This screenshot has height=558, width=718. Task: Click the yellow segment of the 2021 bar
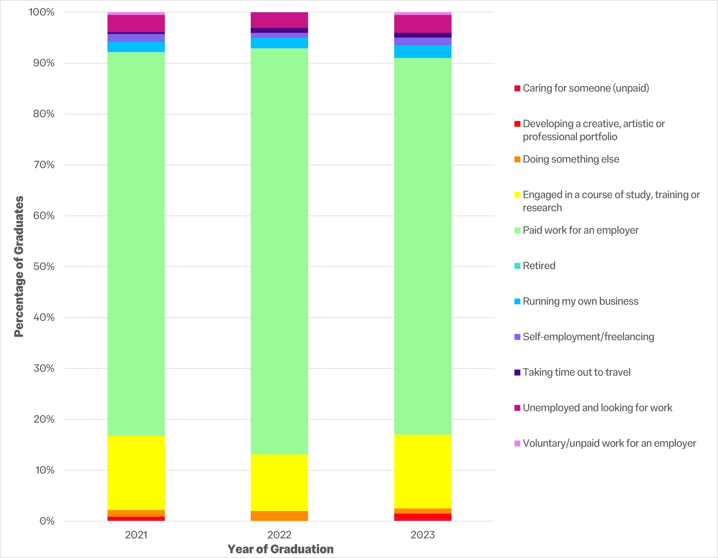pos(136,473)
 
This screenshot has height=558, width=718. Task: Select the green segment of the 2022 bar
pos(279,251)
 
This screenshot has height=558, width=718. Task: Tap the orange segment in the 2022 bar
pos(279,516)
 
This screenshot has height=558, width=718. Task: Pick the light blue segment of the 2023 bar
pos(423,52)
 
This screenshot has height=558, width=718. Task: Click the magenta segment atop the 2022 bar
pos(279,20)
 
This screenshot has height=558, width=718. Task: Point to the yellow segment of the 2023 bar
pos(423,472)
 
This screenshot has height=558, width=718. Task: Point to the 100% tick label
pos(42,12)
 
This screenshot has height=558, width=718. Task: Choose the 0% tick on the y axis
pos(47,521)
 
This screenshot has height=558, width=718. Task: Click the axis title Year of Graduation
pos(280,549)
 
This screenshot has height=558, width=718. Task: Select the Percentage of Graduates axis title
pos(19,267)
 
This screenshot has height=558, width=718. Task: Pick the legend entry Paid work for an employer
pos(580,230)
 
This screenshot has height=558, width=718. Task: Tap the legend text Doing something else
pos(571,159)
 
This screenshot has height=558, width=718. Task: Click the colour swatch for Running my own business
pos(517,301)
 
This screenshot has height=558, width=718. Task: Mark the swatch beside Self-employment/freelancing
pos(517,337)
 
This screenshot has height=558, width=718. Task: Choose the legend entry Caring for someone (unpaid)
pos(585,88)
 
